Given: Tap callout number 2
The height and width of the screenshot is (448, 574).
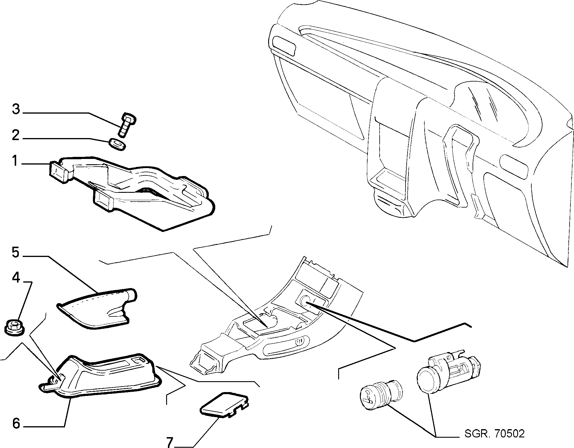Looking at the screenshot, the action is pos(15,136).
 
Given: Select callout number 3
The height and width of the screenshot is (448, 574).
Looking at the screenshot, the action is pos(16,109).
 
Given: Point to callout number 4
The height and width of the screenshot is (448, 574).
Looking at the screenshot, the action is pos(16,277).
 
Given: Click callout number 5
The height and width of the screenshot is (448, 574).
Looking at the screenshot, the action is pos(16,244).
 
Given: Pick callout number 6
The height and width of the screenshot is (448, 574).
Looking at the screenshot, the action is pos(16,423).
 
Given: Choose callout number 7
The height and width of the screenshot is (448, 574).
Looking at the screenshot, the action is pos(169,442).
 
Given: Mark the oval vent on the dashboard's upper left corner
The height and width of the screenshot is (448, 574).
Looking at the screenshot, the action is pos(284,45).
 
